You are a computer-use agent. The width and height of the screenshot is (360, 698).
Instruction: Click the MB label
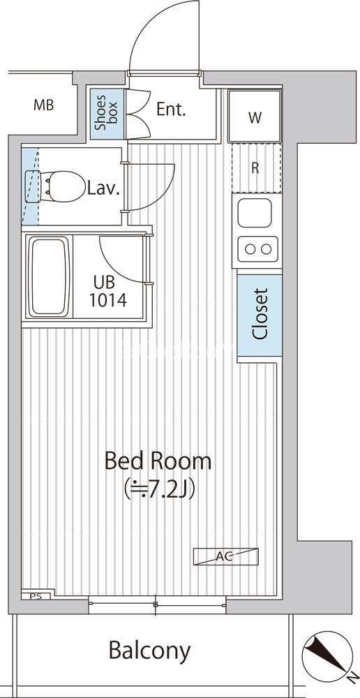(44, 105)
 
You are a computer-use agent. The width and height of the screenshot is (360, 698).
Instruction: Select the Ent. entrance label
(170, 109)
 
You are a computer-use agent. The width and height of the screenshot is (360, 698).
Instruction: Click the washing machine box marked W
(255, 117)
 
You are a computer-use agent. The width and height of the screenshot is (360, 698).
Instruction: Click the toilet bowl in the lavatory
(66, 186)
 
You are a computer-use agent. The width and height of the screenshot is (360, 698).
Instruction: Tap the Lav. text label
(104, 190)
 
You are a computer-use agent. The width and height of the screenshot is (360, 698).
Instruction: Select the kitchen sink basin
(254, 213)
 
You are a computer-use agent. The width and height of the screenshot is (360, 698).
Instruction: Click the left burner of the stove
(248, 249)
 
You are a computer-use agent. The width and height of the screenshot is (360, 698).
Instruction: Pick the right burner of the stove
(266, 249)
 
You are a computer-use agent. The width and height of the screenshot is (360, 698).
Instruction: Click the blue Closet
(260, 315)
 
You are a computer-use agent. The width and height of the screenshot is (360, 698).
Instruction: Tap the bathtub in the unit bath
(50, 276)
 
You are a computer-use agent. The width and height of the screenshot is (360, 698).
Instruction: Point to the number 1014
(107, 300)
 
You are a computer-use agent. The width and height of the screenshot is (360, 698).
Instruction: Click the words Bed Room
(158, 461)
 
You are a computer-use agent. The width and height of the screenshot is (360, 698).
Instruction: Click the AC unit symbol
(226, 556)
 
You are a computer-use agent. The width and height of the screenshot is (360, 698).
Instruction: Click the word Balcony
(149, 651)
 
